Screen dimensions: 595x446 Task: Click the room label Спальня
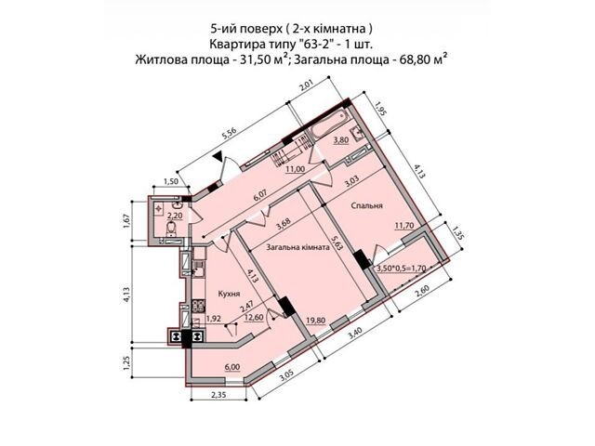366,206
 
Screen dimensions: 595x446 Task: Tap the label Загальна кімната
297,248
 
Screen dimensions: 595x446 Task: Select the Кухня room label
230,294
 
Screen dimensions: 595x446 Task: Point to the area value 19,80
316,321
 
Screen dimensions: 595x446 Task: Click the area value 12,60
254,317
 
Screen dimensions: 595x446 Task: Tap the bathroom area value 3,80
341,140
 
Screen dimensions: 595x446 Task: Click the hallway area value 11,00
296,169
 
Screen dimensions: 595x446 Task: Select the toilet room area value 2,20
175,216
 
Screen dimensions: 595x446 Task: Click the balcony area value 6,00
232,367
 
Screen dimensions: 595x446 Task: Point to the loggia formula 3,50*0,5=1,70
401,269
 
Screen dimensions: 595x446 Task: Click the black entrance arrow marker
218,156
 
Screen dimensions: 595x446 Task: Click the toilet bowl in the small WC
172,228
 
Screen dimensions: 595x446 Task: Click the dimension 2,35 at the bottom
218,394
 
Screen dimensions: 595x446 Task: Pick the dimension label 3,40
354,334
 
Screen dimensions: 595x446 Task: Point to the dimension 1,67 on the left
127,221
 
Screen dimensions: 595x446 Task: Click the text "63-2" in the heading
310,45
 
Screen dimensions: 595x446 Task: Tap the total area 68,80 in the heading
412,60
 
